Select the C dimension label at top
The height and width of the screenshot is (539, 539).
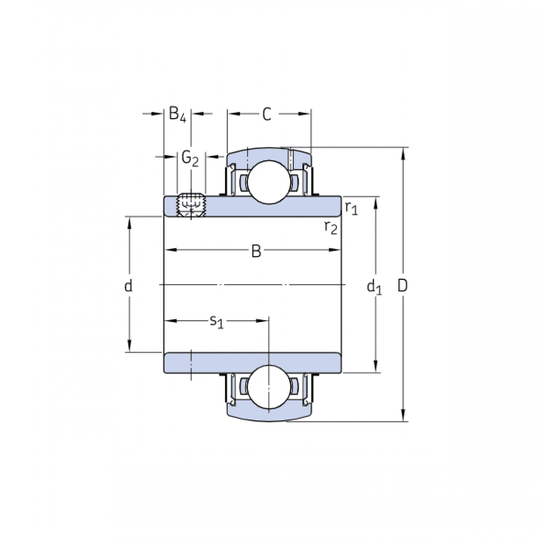point(267,115)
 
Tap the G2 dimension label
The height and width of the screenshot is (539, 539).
point(190,158)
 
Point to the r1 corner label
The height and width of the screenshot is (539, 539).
point(351,208)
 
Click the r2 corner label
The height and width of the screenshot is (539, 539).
point(331,228)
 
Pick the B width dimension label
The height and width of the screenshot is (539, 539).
point(256,251)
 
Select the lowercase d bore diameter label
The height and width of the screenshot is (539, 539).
point(128,286)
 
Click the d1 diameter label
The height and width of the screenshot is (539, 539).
point(374,286)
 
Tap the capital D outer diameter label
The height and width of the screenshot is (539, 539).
point(403,286)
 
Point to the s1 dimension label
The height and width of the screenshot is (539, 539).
point(216,321)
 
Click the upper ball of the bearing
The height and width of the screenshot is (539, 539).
point(268,182)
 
